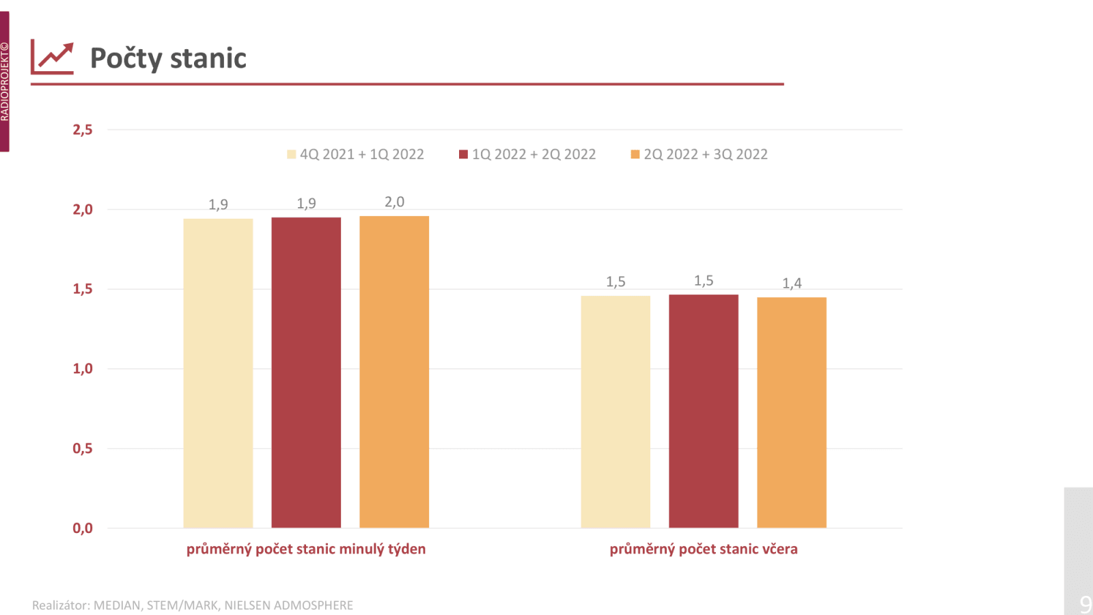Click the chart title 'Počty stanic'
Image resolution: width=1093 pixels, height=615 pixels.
pos(168,59)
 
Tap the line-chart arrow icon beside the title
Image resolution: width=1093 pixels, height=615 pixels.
pos(52,58)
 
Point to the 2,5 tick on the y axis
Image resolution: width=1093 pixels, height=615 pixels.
pos(83,130)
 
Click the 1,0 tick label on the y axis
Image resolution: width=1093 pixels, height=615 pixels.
pos(83,369)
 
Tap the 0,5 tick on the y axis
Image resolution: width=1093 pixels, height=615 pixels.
pos(83,449)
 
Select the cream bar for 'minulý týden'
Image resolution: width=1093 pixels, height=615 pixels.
pos(218,373)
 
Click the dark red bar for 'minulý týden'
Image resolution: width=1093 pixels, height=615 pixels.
pos(306,372)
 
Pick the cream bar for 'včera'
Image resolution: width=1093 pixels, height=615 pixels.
pos(615,411)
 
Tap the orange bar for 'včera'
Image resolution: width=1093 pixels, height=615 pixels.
pos(792,412)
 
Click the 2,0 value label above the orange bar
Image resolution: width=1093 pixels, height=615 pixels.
pos(394,202)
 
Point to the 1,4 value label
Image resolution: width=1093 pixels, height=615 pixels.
pos(792,284)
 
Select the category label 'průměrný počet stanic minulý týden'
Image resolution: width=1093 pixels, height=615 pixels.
pos(306,549)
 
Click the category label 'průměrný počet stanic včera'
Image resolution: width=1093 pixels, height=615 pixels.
pos(704,549)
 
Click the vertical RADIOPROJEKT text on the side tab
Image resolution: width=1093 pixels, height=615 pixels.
pos(5,82)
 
